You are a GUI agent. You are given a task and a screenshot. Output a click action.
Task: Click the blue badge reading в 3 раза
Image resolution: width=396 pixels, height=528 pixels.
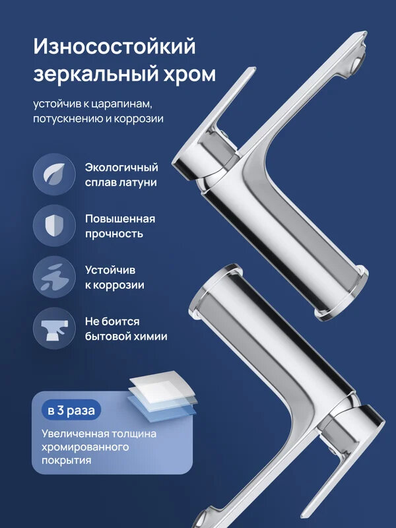pyautogui.click(x=71, y=410)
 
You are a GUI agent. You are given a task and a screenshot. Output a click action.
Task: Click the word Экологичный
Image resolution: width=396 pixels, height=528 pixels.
pyautogui.click(x=121, y=168)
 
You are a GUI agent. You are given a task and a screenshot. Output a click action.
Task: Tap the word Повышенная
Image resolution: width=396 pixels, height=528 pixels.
pyautogui.click(x=119, y=219)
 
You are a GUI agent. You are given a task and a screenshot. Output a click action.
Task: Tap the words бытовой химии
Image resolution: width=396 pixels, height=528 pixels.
pyautogui.click(x=125, y=336)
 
